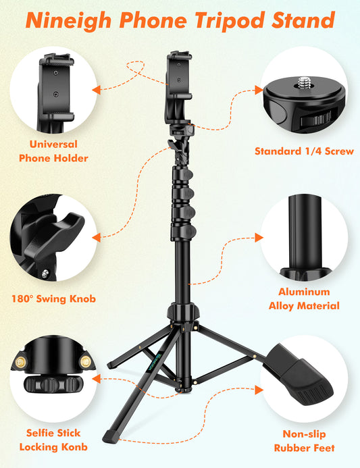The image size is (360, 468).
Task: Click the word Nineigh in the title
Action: click(x=72, y=20)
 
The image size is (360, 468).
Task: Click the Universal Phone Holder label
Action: click(x=53, y=151)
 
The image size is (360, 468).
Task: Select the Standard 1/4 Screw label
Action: click(x=304, y=151)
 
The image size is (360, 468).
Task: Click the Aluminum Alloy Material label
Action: click(x=305, y=298)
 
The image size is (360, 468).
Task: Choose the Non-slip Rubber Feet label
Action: click(x=305, y=440)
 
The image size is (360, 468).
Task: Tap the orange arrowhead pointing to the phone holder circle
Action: click(x=97, y=88)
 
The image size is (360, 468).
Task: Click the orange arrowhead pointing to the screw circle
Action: click(x=257, y=89)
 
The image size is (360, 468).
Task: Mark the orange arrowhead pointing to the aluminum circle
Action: click(x=257, y=237)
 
